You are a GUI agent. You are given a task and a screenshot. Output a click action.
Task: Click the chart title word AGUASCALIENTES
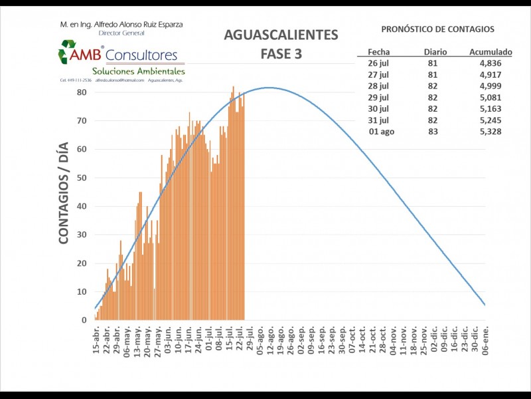pyautogui.click(x=281, y=35)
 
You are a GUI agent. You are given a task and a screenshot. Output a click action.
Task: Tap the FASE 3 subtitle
pyautogui.click(x=281, y=54)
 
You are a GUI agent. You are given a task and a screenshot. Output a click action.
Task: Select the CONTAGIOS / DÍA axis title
pyautogui.click(x=64, y=197)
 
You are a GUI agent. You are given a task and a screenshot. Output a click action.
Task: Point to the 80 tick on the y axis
pyautogui.click(x=82, y=92)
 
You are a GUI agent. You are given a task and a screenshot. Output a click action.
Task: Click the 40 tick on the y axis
pyautogui.click(x=82, y=206)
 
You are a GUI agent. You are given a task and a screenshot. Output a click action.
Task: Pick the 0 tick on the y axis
pyautogui.click(x=84, y=320)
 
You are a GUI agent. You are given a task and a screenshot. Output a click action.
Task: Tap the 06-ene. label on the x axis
pyautogui.click(x=485, y=341)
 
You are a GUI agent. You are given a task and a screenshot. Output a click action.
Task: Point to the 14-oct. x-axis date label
pyautogui.click(x=362, y=340)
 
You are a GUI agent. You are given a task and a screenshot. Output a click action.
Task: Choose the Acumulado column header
pyautogui.click(x=491, y=51)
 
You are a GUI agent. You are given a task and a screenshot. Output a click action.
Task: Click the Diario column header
pyautogui.click(x=436, y=51)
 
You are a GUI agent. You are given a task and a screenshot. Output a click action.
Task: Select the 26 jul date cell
pyautogui.click(x=380, y=63)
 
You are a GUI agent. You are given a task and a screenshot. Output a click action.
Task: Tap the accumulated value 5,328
pyautogui.click(x=490, y=132)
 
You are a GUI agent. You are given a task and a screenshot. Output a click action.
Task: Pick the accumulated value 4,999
pyautogui.click(x=490, y=86)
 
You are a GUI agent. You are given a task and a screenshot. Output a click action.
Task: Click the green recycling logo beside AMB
pyautogui.click(x=68, y=52)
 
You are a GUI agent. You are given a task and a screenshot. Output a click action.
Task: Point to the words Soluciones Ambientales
pyautogui.click(x=139, y=71)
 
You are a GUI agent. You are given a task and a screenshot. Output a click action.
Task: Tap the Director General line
pyautogui.click(x=121, y=33)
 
